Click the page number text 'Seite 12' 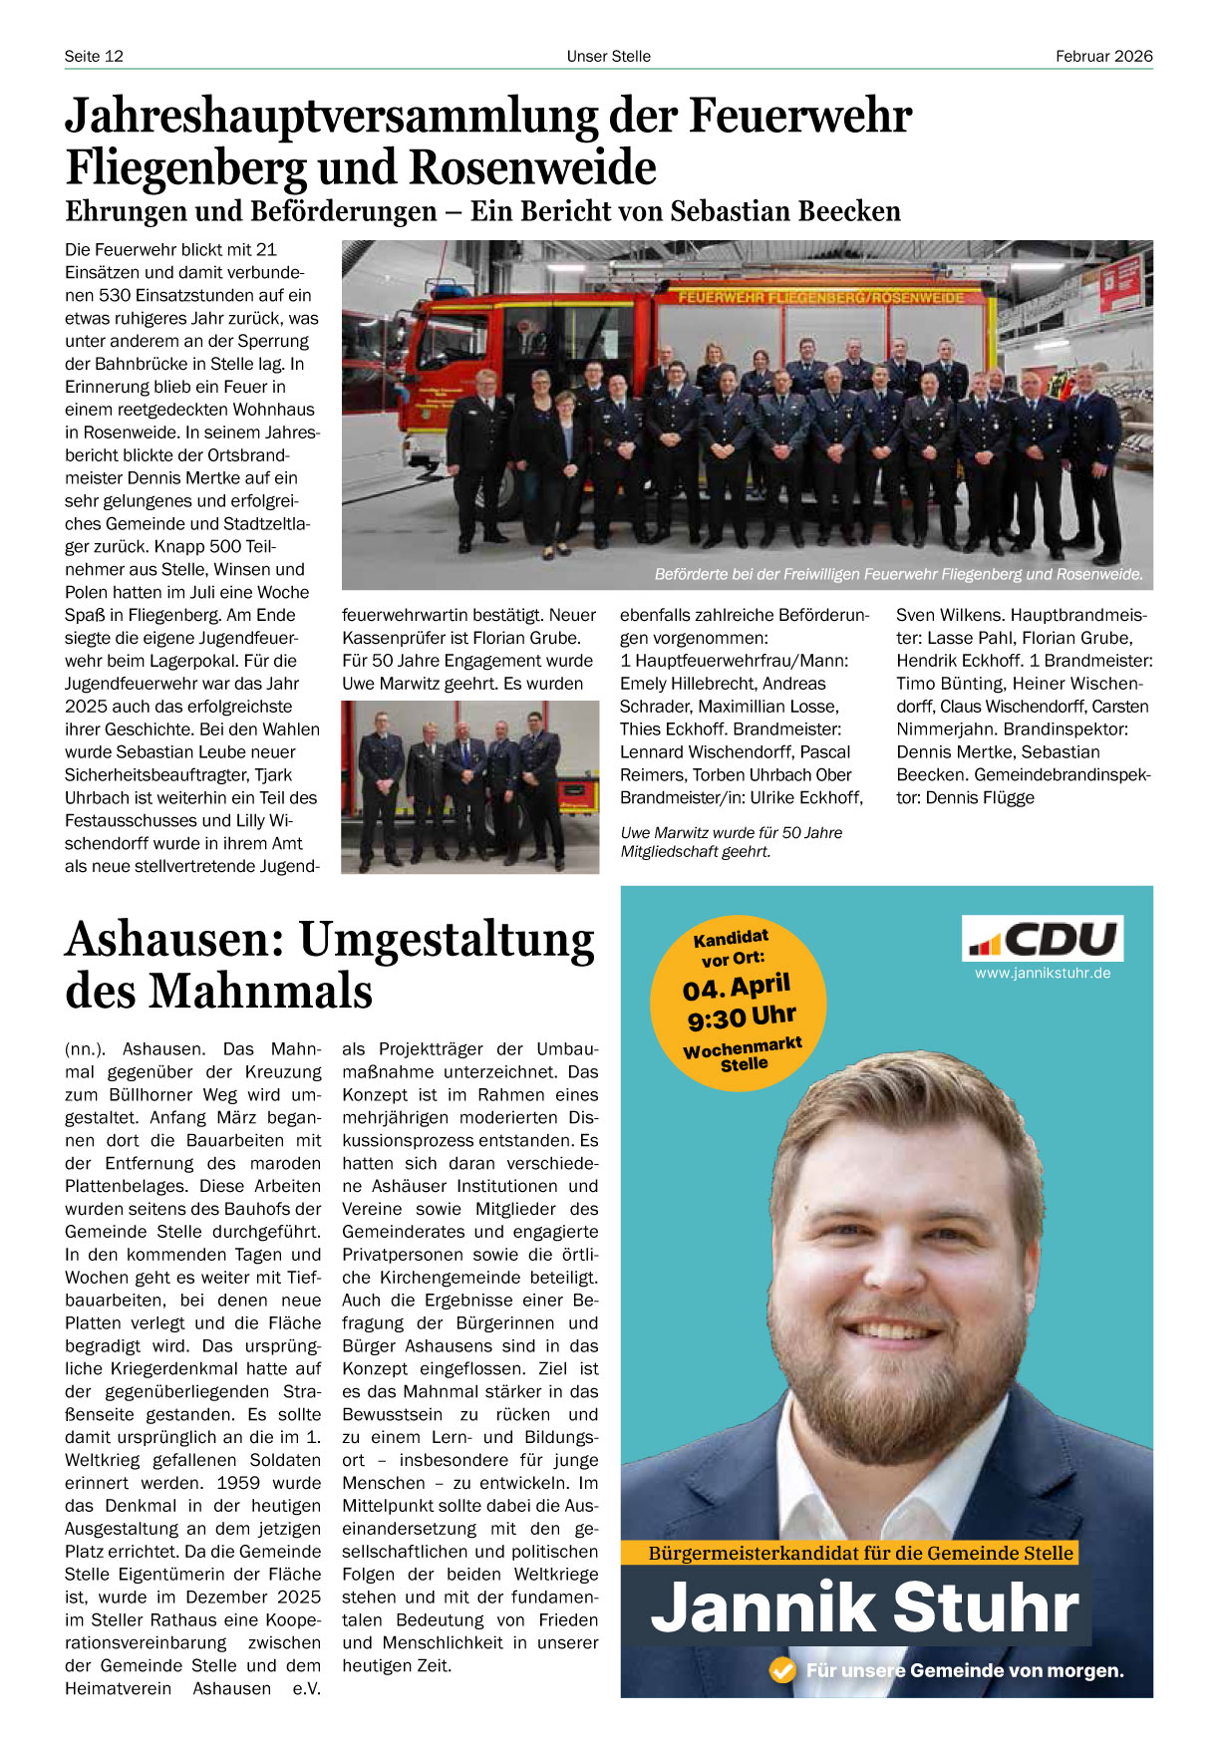(94, 56)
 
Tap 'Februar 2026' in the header (1103, 56)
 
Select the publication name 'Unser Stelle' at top (608, 56)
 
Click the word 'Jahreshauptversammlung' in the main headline (331, 116)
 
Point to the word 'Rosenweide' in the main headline (532, 167)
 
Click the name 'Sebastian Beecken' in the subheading (785, 211)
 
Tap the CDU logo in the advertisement (1043, 939)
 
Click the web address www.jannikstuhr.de (1043, 974)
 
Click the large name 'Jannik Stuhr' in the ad (864, 1607)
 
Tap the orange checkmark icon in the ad (783, 1670)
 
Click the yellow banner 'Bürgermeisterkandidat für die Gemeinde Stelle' (860, 1553)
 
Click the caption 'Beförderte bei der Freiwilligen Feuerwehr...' (897, 575)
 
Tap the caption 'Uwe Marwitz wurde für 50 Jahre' (731, 833)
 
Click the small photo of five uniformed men (469, 787)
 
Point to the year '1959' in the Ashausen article (239, 1483)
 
